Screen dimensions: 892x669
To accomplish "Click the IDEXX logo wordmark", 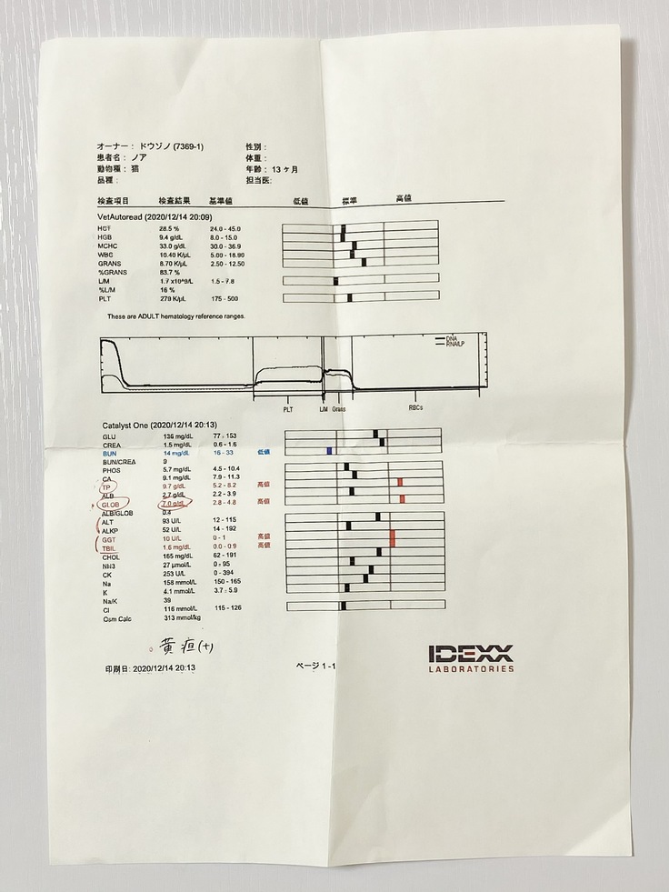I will coord(471,653).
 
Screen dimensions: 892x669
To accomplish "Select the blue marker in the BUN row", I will coord(330,451).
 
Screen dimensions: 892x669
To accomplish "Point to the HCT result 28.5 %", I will coord(171,227).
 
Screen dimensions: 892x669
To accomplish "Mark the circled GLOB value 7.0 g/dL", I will coord(174,502).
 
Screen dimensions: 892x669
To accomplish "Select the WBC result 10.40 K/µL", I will coord(175,254).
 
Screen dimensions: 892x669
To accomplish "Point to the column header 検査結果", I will coord(175,200).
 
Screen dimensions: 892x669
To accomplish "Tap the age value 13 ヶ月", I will coord(283,169).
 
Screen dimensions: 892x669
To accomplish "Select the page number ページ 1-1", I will coord(315,666).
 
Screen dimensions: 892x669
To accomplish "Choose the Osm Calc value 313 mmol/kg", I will coord(181,617).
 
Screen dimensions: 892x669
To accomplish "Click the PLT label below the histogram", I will coord(287,409).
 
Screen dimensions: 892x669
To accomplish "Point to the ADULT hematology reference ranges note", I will coord(175,316).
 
